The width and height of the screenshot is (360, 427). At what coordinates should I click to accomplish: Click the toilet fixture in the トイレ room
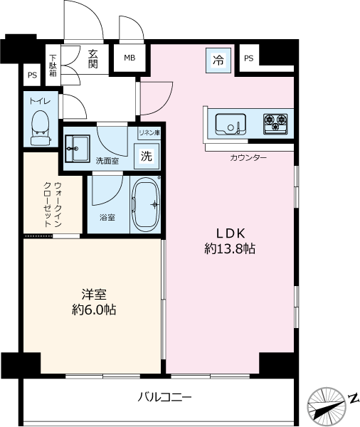point(41,127)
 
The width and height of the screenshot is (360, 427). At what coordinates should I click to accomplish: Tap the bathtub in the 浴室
point(146,205)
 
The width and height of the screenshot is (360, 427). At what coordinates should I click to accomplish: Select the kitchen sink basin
point(231,124)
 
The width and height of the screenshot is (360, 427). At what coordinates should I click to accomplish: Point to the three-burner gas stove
point(275,124)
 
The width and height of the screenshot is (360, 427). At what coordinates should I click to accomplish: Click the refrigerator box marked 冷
point(218,60)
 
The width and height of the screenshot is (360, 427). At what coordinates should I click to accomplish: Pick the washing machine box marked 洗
point(147,156)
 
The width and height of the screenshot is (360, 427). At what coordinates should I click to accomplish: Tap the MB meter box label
point(129,58)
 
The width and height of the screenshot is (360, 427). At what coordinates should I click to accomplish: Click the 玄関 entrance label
point(93,59)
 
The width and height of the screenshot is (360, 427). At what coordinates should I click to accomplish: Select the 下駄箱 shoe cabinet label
point(53,65)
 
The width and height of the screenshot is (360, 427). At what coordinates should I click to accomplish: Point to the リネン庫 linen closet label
point(149,133)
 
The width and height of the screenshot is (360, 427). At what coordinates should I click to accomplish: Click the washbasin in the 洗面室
point(78,149)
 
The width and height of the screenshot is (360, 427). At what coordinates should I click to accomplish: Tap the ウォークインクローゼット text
point(53,204)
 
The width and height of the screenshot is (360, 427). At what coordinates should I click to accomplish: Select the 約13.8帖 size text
point(230,248)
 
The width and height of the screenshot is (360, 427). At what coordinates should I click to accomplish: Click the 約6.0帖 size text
point(94,310)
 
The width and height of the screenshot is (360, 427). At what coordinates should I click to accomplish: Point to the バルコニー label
point(164,397)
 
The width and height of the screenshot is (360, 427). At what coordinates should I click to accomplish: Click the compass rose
point(327,404)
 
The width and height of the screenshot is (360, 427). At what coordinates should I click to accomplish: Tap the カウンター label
point(248,158)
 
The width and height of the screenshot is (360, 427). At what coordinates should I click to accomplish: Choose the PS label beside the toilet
point(32,75)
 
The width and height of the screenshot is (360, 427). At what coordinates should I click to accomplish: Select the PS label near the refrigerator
point(248,58)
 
